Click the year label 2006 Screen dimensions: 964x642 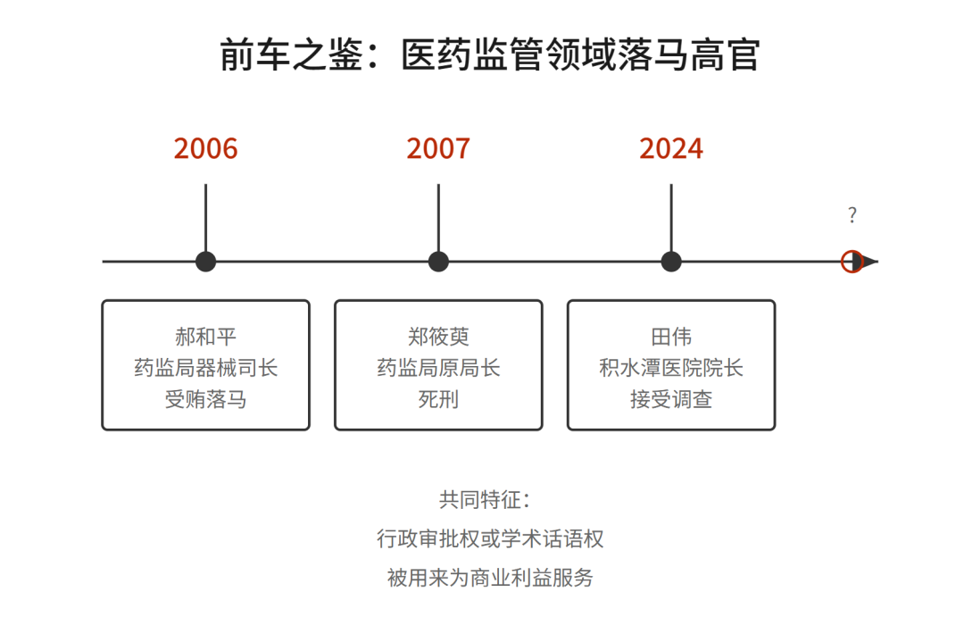[205, 148]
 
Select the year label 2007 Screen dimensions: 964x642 [438, 148]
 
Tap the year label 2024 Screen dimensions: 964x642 [671, 148]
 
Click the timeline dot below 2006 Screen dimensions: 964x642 [205, 262]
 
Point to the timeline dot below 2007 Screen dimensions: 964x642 [438, 262]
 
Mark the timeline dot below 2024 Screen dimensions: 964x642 [671, 262]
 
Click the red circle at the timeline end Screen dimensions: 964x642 [852, 262]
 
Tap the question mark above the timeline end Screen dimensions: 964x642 [852, 215]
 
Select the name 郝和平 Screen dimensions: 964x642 [205, 337]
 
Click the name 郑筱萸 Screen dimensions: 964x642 [438, 337]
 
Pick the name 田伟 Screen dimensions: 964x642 [671, 337]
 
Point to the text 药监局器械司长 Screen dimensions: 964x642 [205, 368]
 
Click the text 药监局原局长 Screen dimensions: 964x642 [438, 368]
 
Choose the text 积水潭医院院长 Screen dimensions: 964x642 [671, 368]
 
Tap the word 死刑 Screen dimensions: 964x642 [438, 399]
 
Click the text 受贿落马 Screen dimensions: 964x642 [205, 399]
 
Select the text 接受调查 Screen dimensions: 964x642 [671, 399]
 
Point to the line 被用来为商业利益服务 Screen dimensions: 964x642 [490, 578]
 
